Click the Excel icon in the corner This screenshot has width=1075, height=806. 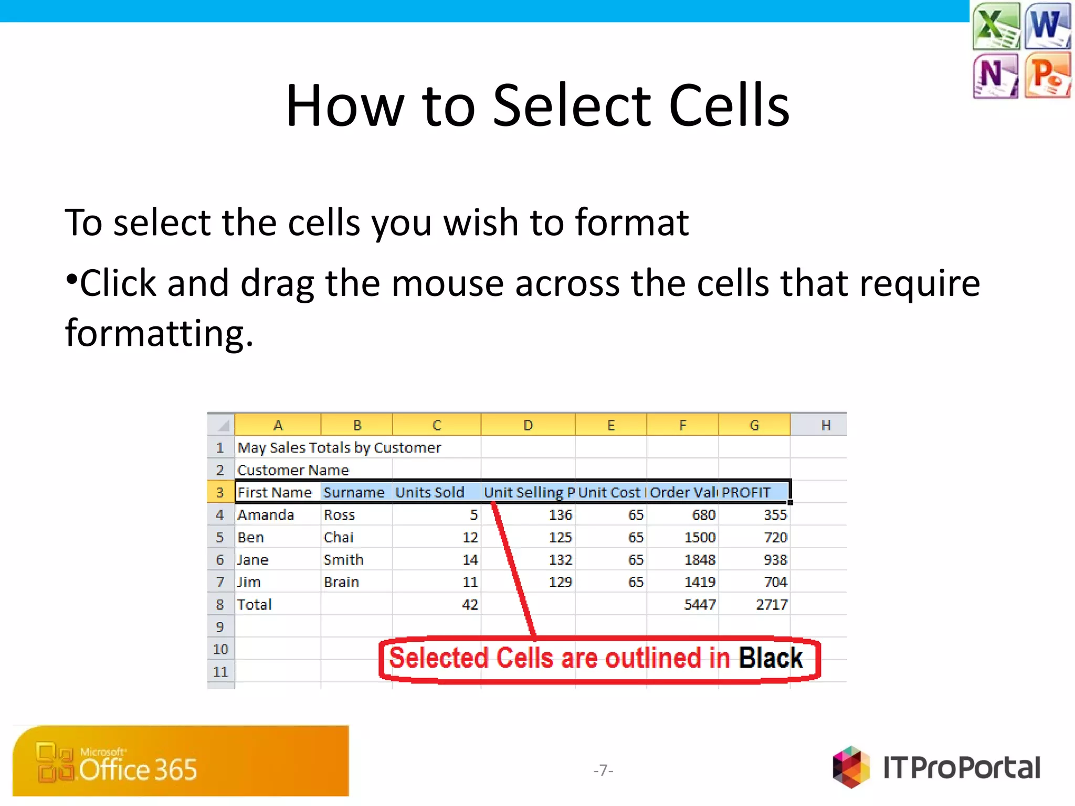tap(996, 26)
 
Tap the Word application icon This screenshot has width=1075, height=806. tap(1047, 26)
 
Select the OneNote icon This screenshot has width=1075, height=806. tap(996, 76)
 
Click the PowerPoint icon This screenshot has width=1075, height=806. tap(1047, 76)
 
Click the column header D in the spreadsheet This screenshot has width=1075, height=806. tap(528, 425)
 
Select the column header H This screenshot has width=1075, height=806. tap(826, 425)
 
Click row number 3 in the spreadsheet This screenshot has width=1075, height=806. tap(220, 492)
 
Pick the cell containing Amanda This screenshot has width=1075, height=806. tap(266, 515)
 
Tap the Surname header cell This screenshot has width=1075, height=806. tap(354, 492)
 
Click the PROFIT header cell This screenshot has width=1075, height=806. tap(746, 492)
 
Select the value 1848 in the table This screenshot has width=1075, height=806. tap(700, 560)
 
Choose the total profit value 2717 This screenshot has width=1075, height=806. tap(771, 604)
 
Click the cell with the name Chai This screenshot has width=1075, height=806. tap(339, 537)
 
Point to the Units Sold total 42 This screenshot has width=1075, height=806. tap(470, 604)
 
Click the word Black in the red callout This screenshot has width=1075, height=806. tap(771, 658)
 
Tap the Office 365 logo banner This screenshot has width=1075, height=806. tap(181, 761)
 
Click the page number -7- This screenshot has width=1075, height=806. tap(603, 770)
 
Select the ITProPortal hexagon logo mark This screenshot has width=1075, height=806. tap(851, 767)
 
